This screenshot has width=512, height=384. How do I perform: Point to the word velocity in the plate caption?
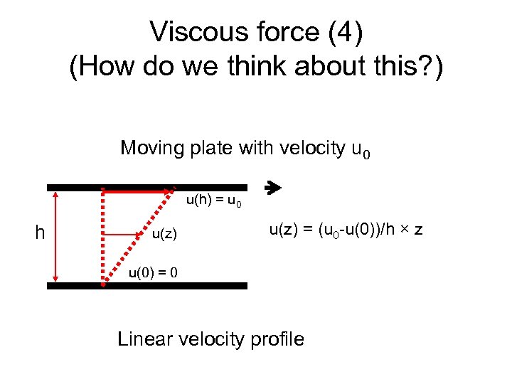click(309, 148)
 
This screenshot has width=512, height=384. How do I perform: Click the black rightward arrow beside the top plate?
click(273, 188)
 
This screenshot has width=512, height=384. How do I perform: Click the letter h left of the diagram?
click(41, 233)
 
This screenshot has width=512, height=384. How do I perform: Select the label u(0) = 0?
click(153, 272)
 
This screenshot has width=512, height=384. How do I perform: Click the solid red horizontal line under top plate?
click(135, 192)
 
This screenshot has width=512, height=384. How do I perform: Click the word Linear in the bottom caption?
click(146, 338)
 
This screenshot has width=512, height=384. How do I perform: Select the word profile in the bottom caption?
click(277, 338)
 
